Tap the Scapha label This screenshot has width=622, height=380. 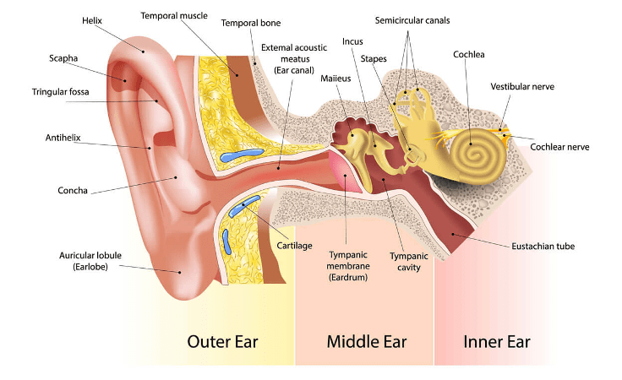pyautogui.click(x=63, y=58)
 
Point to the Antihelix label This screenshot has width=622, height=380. pyautogui.click(x=60, y=137)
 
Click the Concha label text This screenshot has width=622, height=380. pyautogui.click(x=73, y=191)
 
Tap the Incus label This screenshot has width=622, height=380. pyautogui.click(x=352, y=41)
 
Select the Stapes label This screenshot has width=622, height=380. pyautogui.click(x=374, y=59)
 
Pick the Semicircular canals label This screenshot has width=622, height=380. pyautogui.click(x=413, y=19)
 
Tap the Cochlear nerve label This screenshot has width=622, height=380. pyautogui.click(x=559, y=147)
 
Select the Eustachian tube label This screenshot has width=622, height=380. pyautogui.click(x=543, y=246)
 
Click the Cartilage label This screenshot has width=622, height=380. pyautogui.click(x=295, y=246)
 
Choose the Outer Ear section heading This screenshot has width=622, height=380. pyautogui.click(x=222, y=342)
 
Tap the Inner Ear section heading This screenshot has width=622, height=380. pyautogui.click(x=497, y=342)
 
